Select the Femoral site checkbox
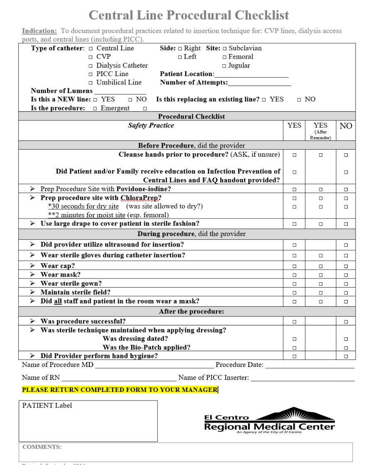click(224, 57)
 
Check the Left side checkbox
click(179, 57)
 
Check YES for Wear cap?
click(294, 266)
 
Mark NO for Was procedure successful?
click(346, 321)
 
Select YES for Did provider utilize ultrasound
click(294, 244)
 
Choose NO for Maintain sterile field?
click(346, 293)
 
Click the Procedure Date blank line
click(310, 365)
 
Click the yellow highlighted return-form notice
click(120, 389)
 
